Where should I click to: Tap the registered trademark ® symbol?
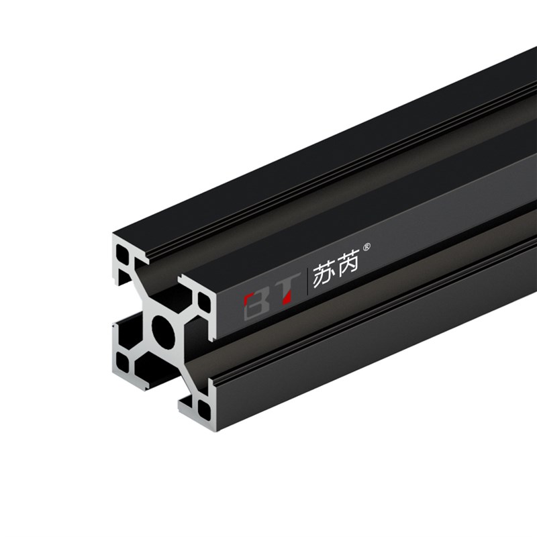click(366, 246)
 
